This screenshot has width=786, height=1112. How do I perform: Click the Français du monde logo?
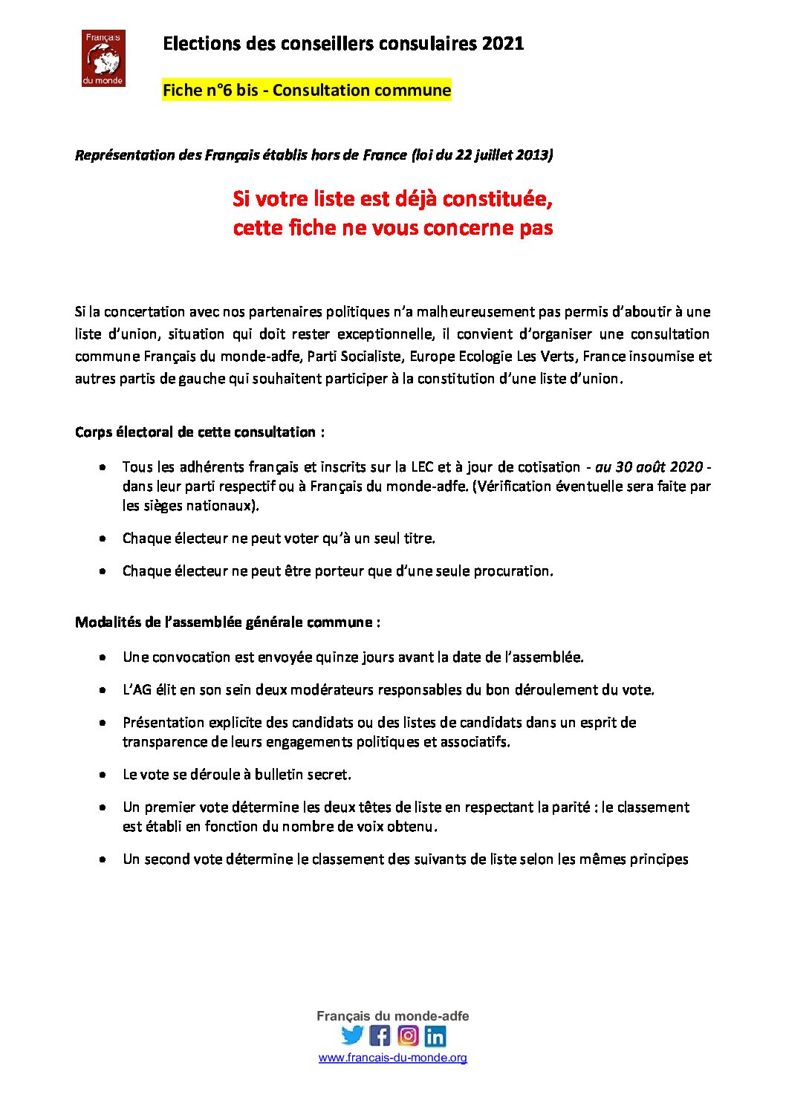pos(103,58)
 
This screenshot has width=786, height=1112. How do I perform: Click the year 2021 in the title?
pos(503,44)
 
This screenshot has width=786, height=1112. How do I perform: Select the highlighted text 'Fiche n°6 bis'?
pos(210,91)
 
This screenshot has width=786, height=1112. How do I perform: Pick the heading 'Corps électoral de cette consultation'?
pos(195,432)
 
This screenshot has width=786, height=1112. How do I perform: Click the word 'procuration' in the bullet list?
pos(514,571)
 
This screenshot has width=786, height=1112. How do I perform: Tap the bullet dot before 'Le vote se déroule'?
pos(103,775)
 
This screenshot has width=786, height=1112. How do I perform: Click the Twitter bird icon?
pos(352,1035)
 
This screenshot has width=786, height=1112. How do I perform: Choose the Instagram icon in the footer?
pos(408,1035)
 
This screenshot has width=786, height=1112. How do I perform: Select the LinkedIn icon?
pos(435,1035)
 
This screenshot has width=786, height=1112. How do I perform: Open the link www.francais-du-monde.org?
pos(393,1058)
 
